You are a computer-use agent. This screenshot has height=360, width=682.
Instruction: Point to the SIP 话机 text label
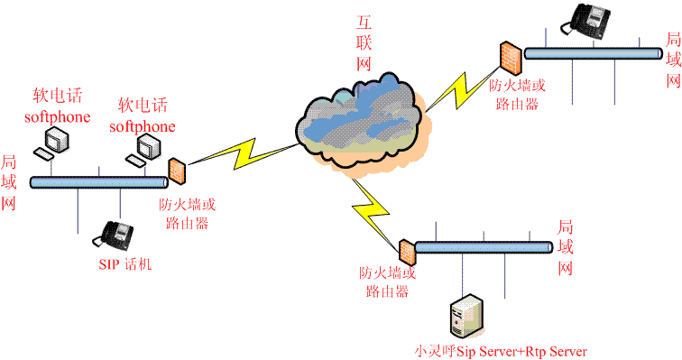point(127,264)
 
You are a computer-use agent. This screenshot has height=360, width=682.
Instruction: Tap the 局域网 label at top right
point(673,61)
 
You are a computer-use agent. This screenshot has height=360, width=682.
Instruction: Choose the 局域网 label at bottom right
point(566,247)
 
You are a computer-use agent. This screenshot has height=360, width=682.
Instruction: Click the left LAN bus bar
point(99,182)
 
